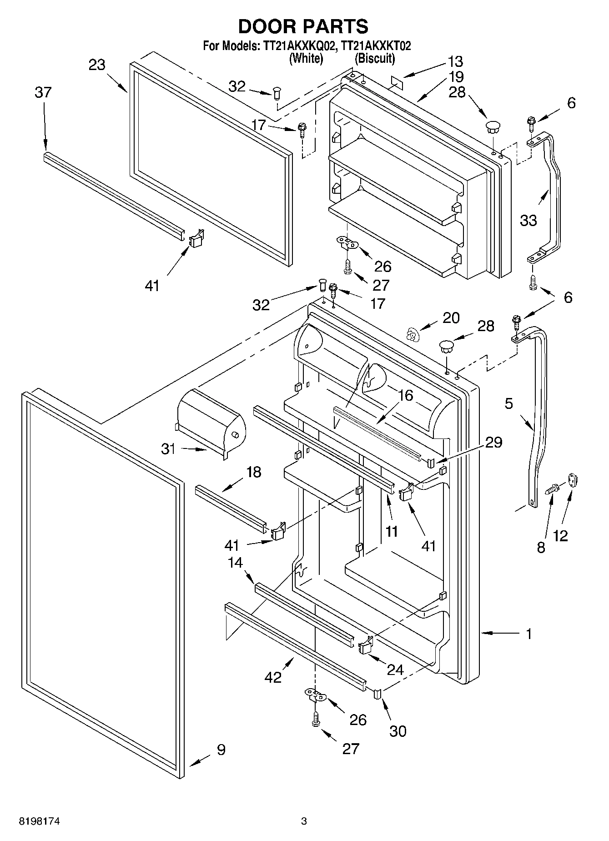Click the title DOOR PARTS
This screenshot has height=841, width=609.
click(x=303, y=26)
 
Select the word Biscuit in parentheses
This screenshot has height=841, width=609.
click(x=375, y=58)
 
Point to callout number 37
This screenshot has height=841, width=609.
click(x=43, y=92)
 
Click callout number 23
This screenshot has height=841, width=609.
click(x=97, y=65)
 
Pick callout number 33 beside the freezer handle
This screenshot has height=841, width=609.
click(x=528, y=220)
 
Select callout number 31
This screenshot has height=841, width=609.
click(x=168, y=449)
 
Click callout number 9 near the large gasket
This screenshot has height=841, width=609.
click(x=221, y=749)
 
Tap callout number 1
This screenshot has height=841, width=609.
click(x=529, y=634)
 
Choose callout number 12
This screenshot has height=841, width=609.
click(x=561, y=536)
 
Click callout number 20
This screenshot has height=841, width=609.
click(x=451, y=317)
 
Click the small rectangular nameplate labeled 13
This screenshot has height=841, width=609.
click(x=396, y=81)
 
